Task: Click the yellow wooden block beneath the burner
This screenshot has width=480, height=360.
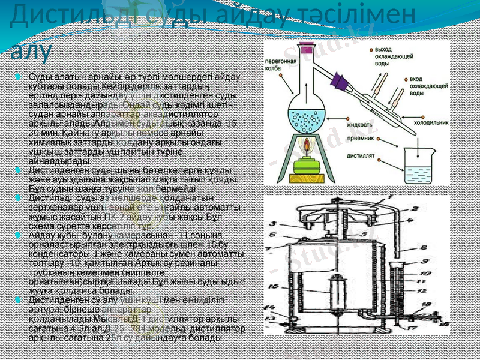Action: (x=308, y=178)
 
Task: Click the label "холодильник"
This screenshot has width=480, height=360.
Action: (x=431, y=122)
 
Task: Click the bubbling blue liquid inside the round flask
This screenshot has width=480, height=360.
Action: (x=308, y=114)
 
